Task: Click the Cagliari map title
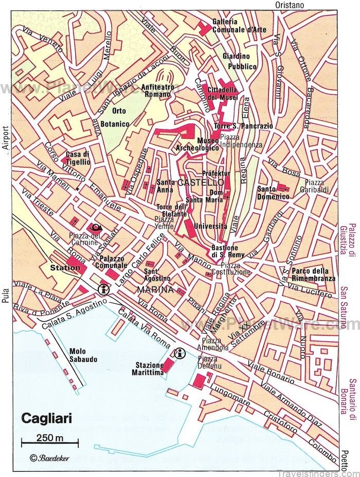(46, 417)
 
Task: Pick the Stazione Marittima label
(150, 369)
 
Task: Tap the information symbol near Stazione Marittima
(180, 353)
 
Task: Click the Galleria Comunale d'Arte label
(232, 25)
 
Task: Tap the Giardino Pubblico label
(239, 61)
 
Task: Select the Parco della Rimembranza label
(313, 274)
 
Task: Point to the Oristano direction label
(290, 5)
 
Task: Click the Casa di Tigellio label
(78, 158)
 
